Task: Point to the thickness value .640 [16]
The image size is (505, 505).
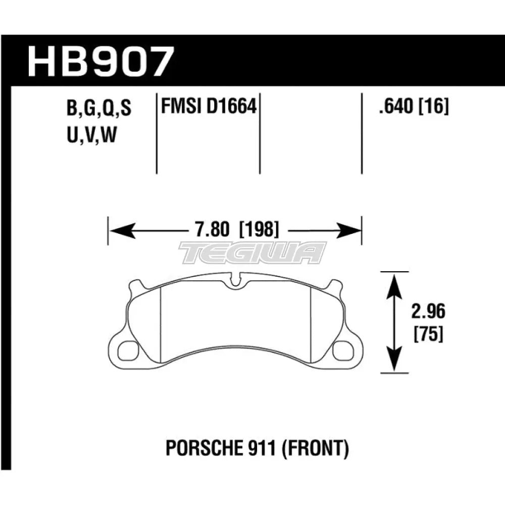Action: (x=410, y=107)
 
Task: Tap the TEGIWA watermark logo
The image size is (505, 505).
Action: (x=252, y=252)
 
